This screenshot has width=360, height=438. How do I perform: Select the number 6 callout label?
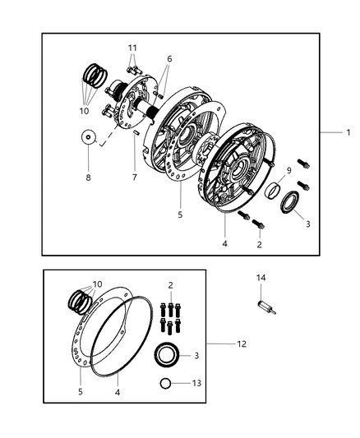click(x=169, y=58)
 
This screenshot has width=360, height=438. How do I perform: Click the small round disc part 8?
click(x=87, y=136)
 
